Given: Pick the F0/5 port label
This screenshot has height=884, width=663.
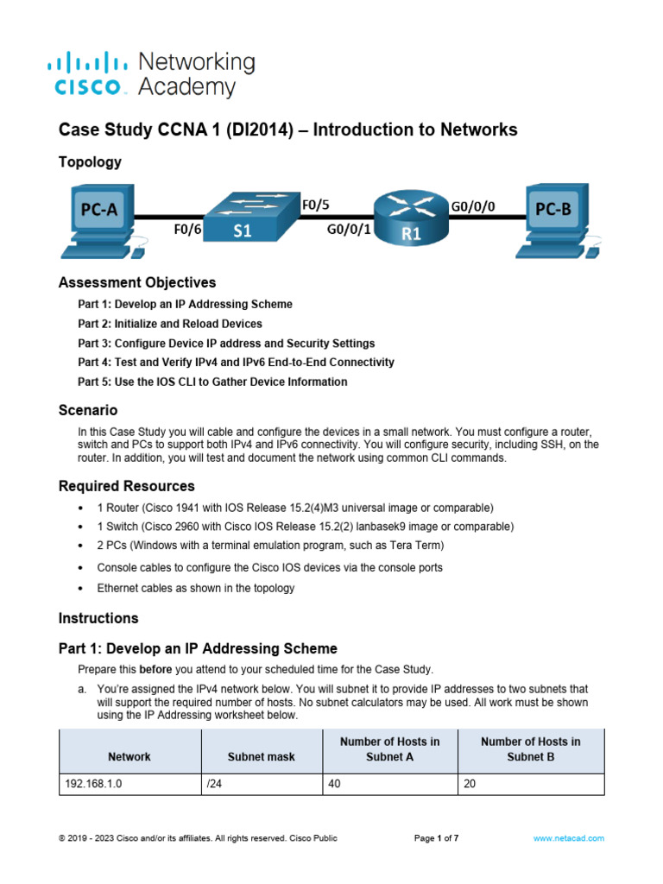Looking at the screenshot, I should (x=315, y=205).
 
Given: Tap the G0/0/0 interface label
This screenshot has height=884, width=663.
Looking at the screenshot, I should (x=473, y=206).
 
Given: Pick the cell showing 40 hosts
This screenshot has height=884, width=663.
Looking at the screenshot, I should (x=335, y=785).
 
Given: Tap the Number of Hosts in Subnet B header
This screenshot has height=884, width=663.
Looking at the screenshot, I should (x=530, y=748).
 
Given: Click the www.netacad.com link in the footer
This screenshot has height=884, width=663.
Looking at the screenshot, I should (x=569, y=838).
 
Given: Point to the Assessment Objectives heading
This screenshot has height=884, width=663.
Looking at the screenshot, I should (x=137, y=282).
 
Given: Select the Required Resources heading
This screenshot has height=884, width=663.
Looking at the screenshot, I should (x=126, y=486).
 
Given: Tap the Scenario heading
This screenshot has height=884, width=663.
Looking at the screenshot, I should (x=88, y=410).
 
